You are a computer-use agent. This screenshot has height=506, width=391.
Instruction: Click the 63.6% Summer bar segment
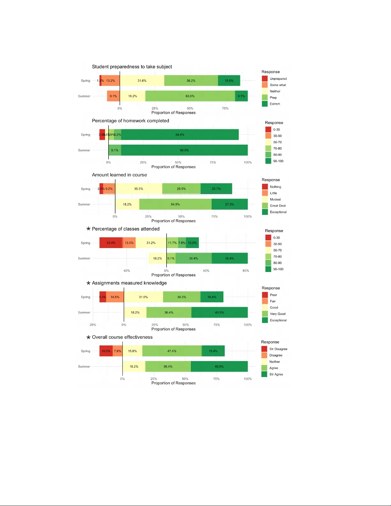pyautogui.click(x=190, y=96)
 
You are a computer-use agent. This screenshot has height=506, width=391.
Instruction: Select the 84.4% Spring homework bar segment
pyautogui.click(x=180, y=135)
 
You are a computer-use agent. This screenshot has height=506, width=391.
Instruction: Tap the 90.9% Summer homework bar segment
pyautogui.click(x=184, y=150)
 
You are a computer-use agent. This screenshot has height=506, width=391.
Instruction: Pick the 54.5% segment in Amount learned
pyautogui.click(x=175, y=204)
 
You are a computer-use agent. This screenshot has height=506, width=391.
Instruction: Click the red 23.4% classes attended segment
pyautogui.click(x=111, y=243)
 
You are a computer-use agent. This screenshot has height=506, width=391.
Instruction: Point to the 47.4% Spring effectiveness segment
pyautogui.click(x=172, y=351)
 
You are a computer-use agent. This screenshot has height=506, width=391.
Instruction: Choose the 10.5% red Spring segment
pyautogui.click(x=106, y=351)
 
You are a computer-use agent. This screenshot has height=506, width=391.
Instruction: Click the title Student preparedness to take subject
pyautogui.click(x=132, y=67)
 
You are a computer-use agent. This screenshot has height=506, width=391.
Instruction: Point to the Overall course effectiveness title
pyautogui.click(x=122, y=337)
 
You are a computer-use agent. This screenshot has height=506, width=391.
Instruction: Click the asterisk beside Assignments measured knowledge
pyautogui.click(x=88, y=283)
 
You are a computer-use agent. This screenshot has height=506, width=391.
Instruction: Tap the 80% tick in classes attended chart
pyautogui.click(x=245, y=271)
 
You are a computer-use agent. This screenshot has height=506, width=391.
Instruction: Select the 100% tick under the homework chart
pyautogui.click(x=248, y=162)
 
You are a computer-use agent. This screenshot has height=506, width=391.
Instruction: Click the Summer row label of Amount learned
pyautogui.click(x=84, y=204)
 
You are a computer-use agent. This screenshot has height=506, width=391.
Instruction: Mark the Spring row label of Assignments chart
pyautogui.click(x=86, y=297)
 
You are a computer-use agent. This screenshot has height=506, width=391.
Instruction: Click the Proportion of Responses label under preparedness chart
pyautogui.click(x=173, y=113)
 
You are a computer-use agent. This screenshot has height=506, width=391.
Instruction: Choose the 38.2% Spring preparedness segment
pyautogui.click(x=191, y=81)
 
